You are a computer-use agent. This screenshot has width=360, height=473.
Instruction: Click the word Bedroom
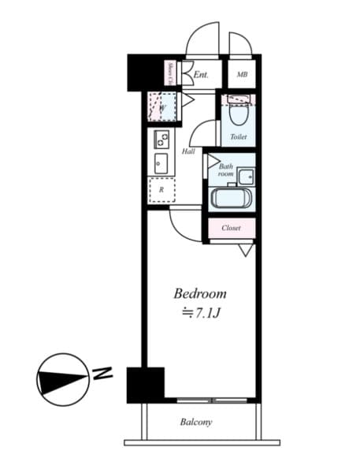(x=200, y=293)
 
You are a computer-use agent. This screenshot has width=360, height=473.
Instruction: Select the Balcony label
(x=195, y=422)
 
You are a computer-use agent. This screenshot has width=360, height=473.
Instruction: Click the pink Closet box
(x=231, y=228)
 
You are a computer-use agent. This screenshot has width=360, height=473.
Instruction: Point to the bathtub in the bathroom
(x=231, y=198)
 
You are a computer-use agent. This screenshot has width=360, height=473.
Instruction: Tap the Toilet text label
(x=238, y=137)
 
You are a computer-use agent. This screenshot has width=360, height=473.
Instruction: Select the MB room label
(x=241, y=76)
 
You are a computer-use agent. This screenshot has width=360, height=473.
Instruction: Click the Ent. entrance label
(x=202, y=76)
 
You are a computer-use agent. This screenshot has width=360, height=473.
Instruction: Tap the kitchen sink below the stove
(x=161, y=166)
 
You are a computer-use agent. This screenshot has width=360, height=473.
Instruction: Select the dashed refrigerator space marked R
(x=161, y=190)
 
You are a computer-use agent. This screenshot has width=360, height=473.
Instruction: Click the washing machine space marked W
(x=161, y=107)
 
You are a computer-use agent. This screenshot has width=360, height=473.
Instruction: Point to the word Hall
(x=189, y=151)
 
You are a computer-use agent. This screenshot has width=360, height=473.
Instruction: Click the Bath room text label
(x=225, y=169)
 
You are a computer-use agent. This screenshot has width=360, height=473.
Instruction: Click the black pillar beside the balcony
(x=145, y=385)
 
